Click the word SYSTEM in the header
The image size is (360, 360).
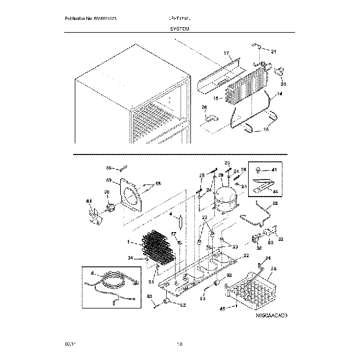[x=179, y=32]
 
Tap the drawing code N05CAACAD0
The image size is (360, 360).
[x=272, y=316]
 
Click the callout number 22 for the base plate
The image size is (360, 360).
[x=246, y=255]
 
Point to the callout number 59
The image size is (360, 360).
[x=109, y=180]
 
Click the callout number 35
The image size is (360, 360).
[x=275, y=204]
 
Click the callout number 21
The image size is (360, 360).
[x=273, y=52]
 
